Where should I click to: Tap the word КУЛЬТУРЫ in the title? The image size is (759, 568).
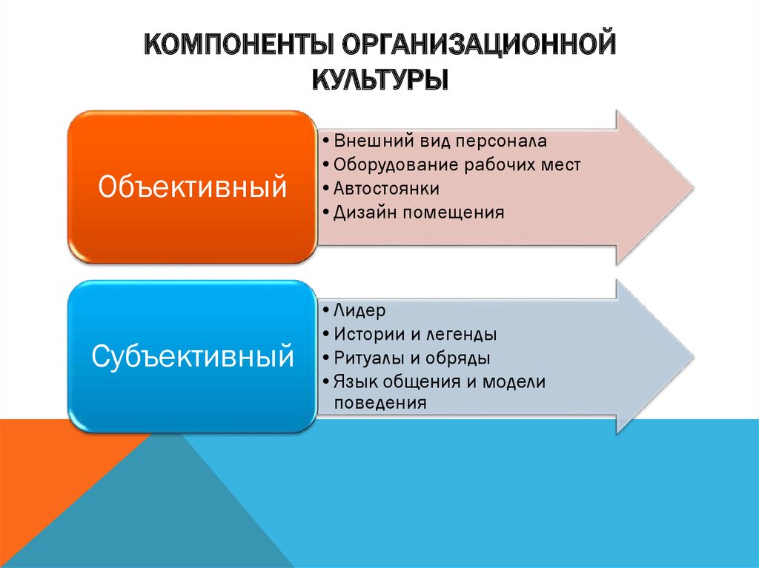tap(380, 79)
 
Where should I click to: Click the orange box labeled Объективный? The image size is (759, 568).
tap(192, 187)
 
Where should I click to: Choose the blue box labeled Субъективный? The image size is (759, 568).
tap(192, 356)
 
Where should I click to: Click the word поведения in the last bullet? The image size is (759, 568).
tap(380, 403)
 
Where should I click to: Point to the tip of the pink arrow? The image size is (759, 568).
tap(694, 187)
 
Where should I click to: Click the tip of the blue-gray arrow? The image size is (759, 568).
tap(694, 356)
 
